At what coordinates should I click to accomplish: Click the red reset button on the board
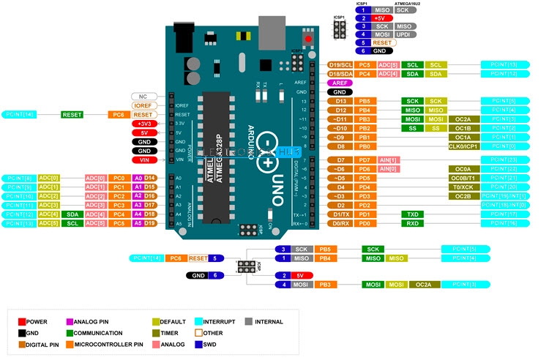coord(308,38)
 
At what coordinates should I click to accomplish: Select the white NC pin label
coord(143,97)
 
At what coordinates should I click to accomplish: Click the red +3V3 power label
coord(143,124)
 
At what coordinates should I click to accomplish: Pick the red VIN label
coord(143,160)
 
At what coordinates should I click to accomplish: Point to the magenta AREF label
coord(339,83)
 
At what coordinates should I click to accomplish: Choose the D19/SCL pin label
coord(340,64)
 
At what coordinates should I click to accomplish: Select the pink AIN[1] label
coord(389,160)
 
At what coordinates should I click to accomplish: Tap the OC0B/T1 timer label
coord(463,178)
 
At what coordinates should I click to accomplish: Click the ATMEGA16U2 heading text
coord(417,4)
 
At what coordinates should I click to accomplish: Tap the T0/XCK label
coord(463,187)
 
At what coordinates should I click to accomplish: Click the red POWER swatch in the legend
coord(22,321)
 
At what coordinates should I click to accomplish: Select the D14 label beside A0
coord(149,178)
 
